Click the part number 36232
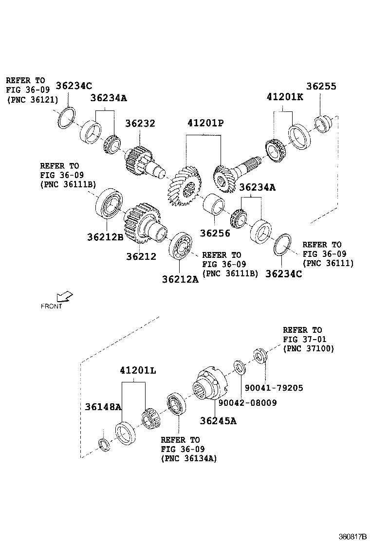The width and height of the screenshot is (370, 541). point(140,124)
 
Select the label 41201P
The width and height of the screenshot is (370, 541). point(205,124)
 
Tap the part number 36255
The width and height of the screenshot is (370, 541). point(321,86)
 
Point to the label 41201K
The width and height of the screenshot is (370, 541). point(285,97)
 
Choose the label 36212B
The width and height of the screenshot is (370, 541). point(105,237)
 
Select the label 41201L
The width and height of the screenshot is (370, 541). point(138,370)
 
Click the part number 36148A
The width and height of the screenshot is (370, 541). point(103,407)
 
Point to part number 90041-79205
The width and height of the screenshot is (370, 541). point(274,388)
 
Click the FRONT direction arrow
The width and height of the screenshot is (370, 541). point(63,296)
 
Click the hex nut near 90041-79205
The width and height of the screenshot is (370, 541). point(260,356)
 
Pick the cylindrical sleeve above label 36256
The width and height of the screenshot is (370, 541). point(213,204)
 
